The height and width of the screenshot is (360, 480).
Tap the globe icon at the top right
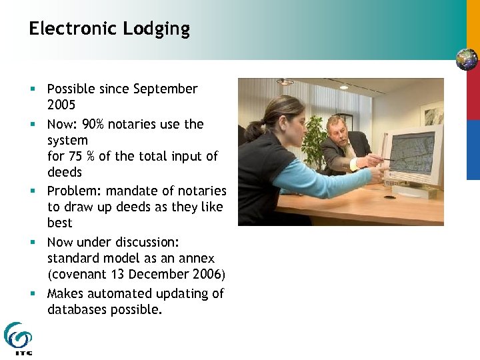tap(467, 59)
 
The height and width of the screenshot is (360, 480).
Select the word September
tap(166, 89)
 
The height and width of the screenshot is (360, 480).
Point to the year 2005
tap(61, 105)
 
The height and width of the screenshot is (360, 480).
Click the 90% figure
tap(91, 124)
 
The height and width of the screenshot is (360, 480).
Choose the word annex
tap(198, 258)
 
